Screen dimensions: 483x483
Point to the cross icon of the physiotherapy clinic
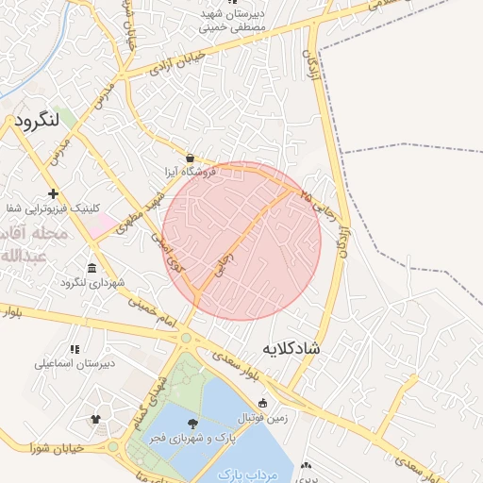(54, 192)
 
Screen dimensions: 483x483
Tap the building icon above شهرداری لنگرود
(92, 268)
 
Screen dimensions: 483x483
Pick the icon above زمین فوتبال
(262, 403)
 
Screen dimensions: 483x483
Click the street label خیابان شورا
(58, 446)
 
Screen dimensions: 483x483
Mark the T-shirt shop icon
(95, 419)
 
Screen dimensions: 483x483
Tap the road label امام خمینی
(153, 311)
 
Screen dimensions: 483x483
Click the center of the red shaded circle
(241, 241)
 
